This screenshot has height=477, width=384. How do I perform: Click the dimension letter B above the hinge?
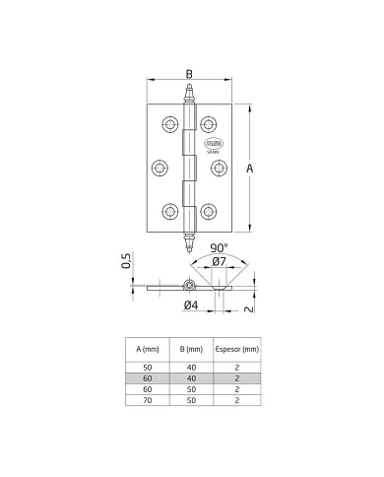pyautogui.click(x=188, y=73)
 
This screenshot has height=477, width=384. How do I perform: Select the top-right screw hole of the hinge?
pyautogui.click(x=209, y=125)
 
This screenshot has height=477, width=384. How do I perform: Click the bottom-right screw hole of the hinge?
pyautogui.click(x=209, y=210)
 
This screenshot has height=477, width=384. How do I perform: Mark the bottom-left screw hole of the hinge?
pyautogui.click(x=170, y=210)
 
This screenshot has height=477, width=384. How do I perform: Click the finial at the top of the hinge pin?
pyautogui.click(x=189, y=96)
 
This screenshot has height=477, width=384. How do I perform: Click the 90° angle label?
pyautogui.click(x=219, y=248)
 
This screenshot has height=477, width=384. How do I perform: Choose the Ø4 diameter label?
pyautogui.click(x=192, y=306)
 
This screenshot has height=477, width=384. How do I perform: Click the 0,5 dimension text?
pyautogui.click(x=127, y=262)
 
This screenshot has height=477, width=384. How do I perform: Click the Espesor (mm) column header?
pyautogui.click(x=237, y=349)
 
